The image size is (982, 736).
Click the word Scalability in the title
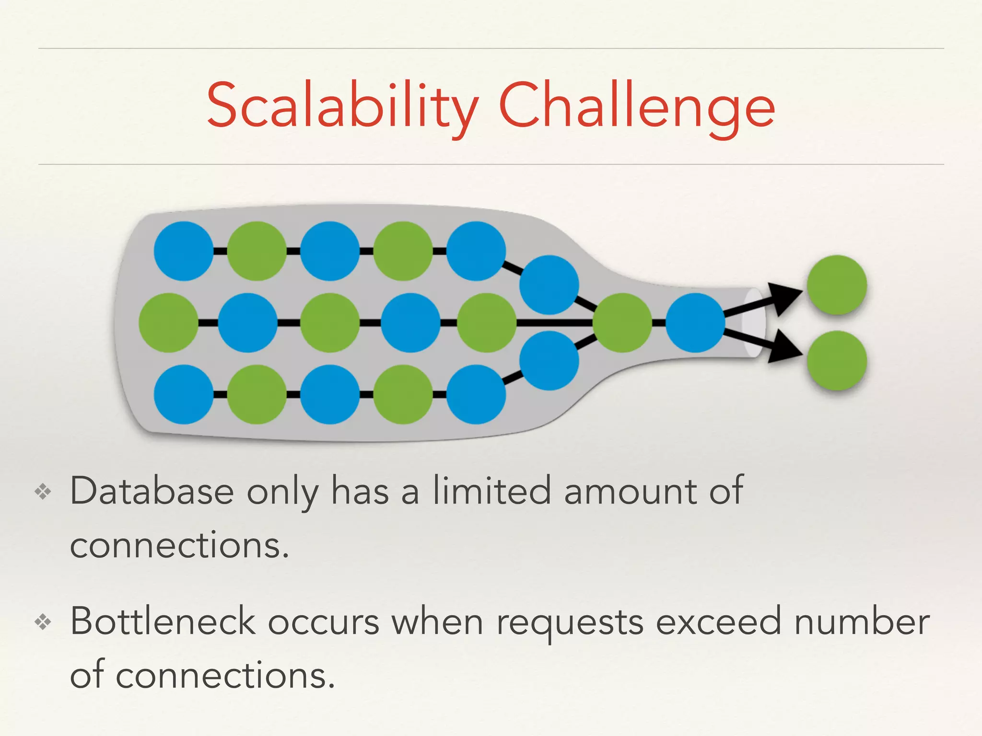342,106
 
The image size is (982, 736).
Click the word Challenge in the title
637,106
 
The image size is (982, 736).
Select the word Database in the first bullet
152,492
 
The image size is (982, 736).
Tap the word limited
492,492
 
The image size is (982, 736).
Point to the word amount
630,492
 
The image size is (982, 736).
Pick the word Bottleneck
163,622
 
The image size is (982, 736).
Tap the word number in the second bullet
862,622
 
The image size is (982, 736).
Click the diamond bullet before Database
43,492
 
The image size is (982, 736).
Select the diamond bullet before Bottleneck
43,622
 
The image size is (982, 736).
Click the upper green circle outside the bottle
837,285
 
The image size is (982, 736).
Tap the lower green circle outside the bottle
837,360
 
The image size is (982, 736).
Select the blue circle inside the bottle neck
695,323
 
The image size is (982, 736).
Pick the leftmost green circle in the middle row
168,323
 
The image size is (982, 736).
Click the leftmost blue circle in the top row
184,251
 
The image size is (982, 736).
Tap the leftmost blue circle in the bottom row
184,394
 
